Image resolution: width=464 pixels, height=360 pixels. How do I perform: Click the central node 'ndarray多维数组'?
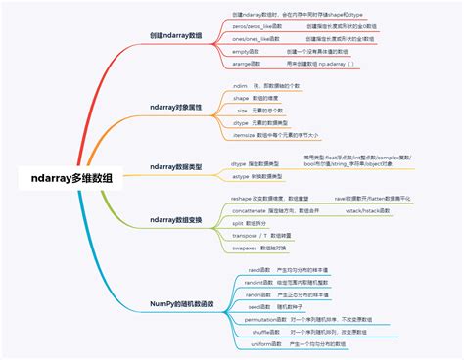71,177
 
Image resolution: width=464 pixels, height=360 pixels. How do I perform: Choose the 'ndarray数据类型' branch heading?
176,167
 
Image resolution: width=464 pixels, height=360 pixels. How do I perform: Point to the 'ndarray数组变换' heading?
176,220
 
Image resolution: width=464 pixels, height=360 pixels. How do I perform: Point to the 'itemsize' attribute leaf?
245,135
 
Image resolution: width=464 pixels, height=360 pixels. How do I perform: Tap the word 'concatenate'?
248,210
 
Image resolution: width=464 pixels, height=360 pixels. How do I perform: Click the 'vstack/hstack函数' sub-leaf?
368,210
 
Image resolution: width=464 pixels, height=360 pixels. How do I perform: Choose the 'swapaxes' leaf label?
244,248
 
